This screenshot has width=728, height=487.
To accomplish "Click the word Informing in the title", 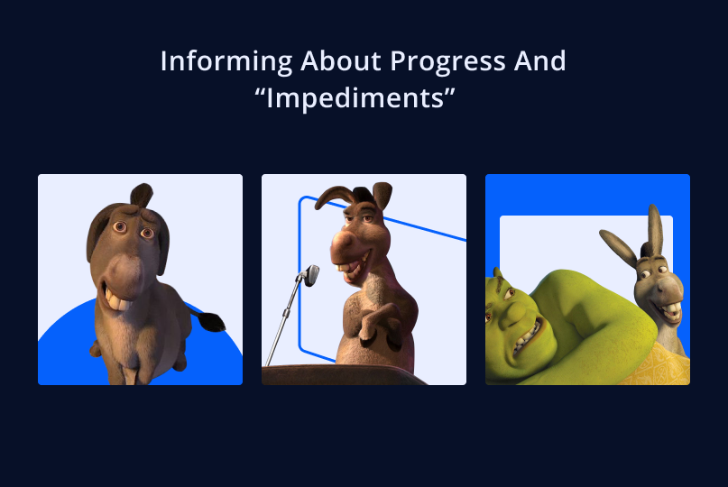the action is [x=226, y=61].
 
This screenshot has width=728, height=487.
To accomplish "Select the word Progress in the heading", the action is [x=448, y=61].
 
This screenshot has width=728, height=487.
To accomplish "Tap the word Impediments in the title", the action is [x=355, y=98].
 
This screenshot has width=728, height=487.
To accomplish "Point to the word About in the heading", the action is [x=341, y=60].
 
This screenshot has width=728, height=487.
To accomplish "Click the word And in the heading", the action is [x=540, y=60].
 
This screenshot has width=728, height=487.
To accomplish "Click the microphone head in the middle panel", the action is [x=311, y=275].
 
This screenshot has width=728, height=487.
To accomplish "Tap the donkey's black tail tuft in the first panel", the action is [x=212, y=322].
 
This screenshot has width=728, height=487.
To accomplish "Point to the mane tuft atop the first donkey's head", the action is [x=142, y=195].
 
